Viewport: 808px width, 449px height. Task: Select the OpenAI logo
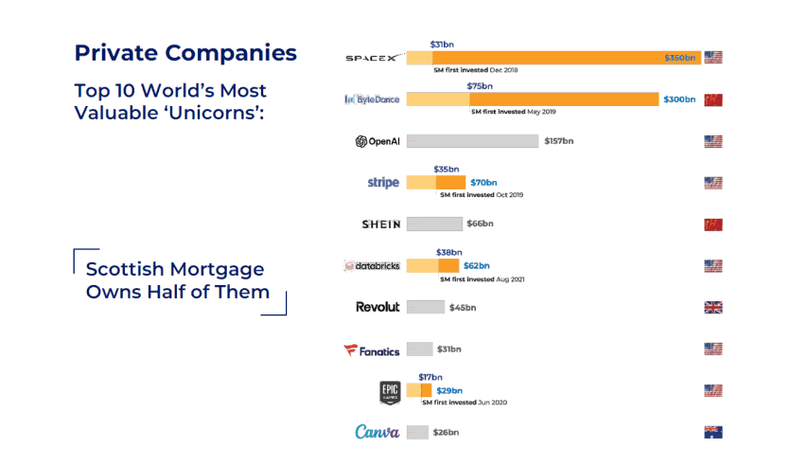tap(378, 141)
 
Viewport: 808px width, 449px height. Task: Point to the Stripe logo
tap(383, 183)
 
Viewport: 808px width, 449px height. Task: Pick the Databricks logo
tap(374, 266)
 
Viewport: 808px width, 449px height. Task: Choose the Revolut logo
tap(378, 307)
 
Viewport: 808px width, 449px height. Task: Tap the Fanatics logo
tap(372, 350)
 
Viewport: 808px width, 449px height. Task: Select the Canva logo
tap(378, 432)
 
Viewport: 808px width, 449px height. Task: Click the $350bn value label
tap(680, 58)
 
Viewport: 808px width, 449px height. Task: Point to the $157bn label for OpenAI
tap(558, 141)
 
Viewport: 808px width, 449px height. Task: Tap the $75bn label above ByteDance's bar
tap(481, 86)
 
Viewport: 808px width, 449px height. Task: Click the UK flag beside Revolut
tap(713, 307)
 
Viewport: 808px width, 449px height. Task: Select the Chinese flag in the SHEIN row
tap(713, 224)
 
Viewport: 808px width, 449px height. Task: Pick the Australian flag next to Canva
tap(713, 432)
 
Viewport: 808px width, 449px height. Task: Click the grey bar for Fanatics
tap(419, 350)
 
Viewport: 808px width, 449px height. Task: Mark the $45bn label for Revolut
tap(463, 307)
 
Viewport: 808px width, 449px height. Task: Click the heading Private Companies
tap(185, 52)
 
